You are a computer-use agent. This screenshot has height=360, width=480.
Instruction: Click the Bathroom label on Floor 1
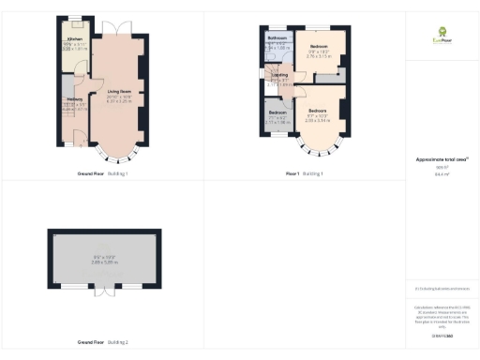(x=276, y=38)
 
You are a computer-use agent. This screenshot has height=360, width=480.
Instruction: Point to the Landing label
(x=279, y=75)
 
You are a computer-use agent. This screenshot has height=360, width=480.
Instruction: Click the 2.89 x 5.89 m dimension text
(x=102, y=263)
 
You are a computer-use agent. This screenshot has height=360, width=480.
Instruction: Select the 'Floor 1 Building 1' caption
(x=305, y=174)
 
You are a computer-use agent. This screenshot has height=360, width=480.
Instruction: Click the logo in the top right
(x=442, y=38)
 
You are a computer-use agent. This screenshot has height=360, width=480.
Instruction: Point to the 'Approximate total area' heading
(x=442, y=160)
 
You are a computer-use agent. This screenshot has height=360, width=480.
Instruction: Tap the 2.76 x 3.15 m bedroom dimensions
(x=320, y=55)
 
